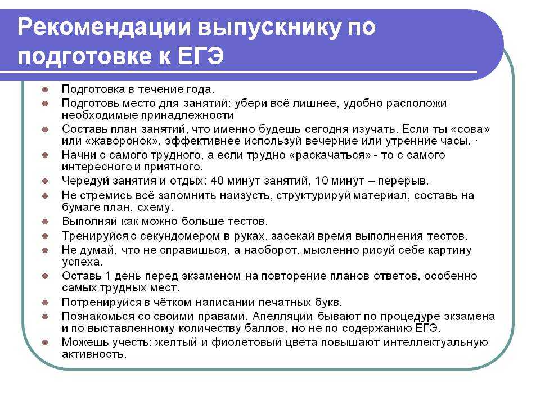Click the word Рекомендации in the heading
(x=104, y=27)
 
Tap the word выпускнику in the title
(x=270, y=28)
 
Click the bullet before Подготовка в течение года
(x=45, y=89)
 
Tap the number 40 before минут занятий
(x=217, y=181)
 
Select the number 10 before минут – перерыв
(x=322, y=181)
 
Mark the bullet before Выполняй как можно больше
(x=45, y=222)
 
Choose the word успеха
(x=83, y=262)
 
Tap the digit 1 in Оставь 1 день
(x=107, y=276)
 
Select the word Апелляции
(x=283, y=317)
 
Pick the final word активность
(x=94, y=354)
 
